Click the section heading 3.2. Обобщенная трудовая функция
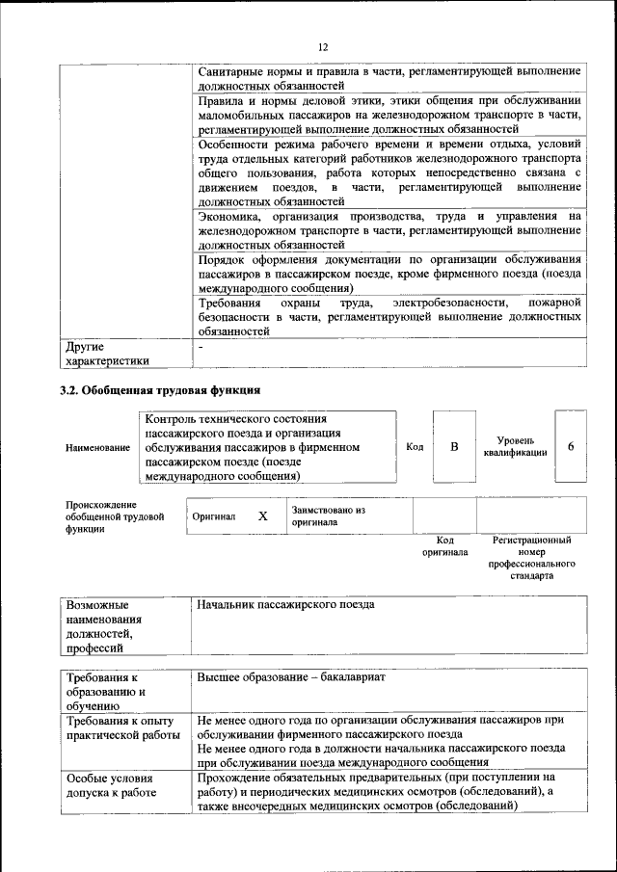click(160, 391)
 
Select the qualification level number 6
click(571, 447)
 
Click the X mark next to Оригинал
click(262, 516)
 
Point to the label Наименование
click(97, 448)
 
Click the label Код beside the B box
click(415, 447)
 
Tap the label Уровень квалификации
click(516, 446)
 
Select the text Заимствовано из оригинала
click(329, 515)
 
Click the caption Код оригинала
click(444, 546)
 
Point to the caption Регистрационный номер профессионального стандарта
click(531, 558)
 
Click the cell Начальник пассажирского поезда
click(285, 605)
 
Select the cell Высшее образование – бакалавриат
click(290, 677)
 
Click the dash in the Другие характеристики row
click(200, 345)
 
